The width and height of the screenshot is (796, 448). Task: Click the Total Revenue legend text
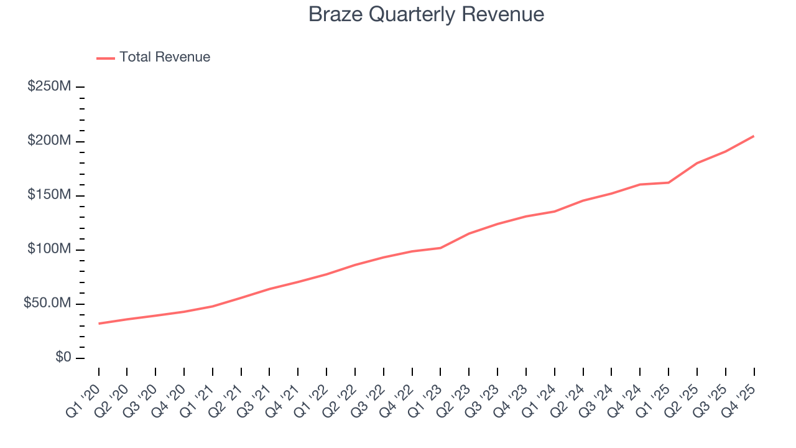click(x=165, y=57)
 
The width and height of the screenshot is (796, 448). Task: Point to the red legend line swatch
click(x=106, y=58)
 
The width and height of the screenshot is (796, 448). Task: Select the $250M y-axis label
click(x=49, y=86)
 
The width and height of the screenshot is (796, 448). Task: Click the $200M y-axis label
click(x=49, y=141)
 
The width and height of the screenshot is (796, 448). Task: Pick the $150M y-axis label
click(x=49, y=195)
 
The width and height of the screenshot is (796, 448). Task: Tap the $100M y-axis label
click(x=49, y=250)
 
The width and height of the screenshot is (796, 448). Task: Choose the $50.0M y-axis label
click(x=47, y=304)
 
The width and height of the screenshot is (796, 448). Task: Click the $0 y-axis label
click(x=63, y=358)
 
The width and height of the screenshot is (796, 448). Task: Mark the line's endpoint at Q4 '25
click(x=754, y=136)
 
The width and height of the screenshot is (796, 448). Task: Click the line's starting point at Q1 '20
click(x=99, y=324)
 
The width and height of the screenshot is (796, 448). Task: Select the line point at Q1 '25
click(x=669, y=182)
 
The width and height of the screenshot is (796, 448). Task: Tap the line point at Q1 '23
click(x=440, y=248)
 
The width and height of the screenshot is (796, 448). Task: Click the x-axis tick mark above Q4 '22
click(x=412, y=371)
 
